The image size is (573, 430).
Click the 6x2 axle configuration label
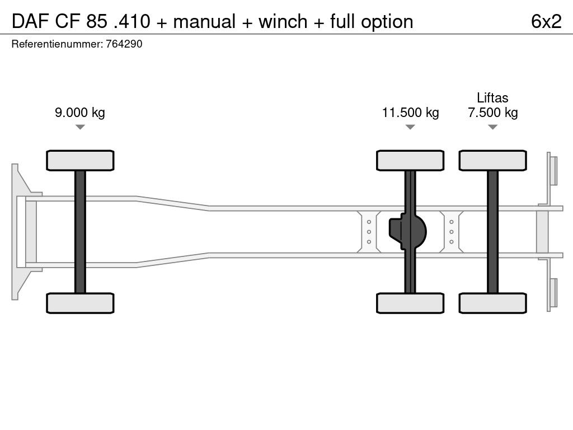point(546,21)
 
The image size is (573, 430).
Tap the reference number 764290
point(124,44)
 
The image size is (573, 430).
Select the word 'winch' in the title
point(283,21)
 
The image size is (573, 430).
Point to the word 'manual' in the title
point(204,21)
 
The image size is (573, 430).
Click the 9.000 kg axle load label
point(79,112)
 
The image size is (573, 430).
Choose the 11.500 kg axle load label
point(410,112)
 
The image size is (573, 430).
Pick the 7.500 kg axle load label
point(492,112)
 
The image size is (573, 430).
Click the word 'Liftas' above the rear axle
point(492,97)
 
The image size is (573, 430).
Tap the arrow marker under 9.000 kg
point(80,127)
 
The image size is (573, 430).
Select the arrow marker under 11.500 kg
point(410,127)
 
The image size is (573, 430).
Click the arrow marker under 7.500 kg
point(492,127)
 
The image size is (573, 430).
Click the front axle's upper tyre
point(80,161)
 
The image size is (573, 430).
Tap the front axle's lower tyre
point(80,303)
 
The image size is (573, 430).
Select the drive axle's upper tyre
point(410,161)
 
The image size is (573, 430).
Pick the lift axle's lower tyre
point(492,303)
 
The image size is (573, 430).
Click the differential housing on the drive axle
point(407,232)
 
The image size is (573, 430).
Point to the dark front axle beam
point(80,232)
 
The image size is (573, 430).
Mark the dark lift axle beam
point(492,232)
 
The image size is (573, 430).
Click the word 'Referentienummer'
point(57,44)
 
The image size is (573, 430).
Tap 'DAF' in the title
point(30,21)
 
